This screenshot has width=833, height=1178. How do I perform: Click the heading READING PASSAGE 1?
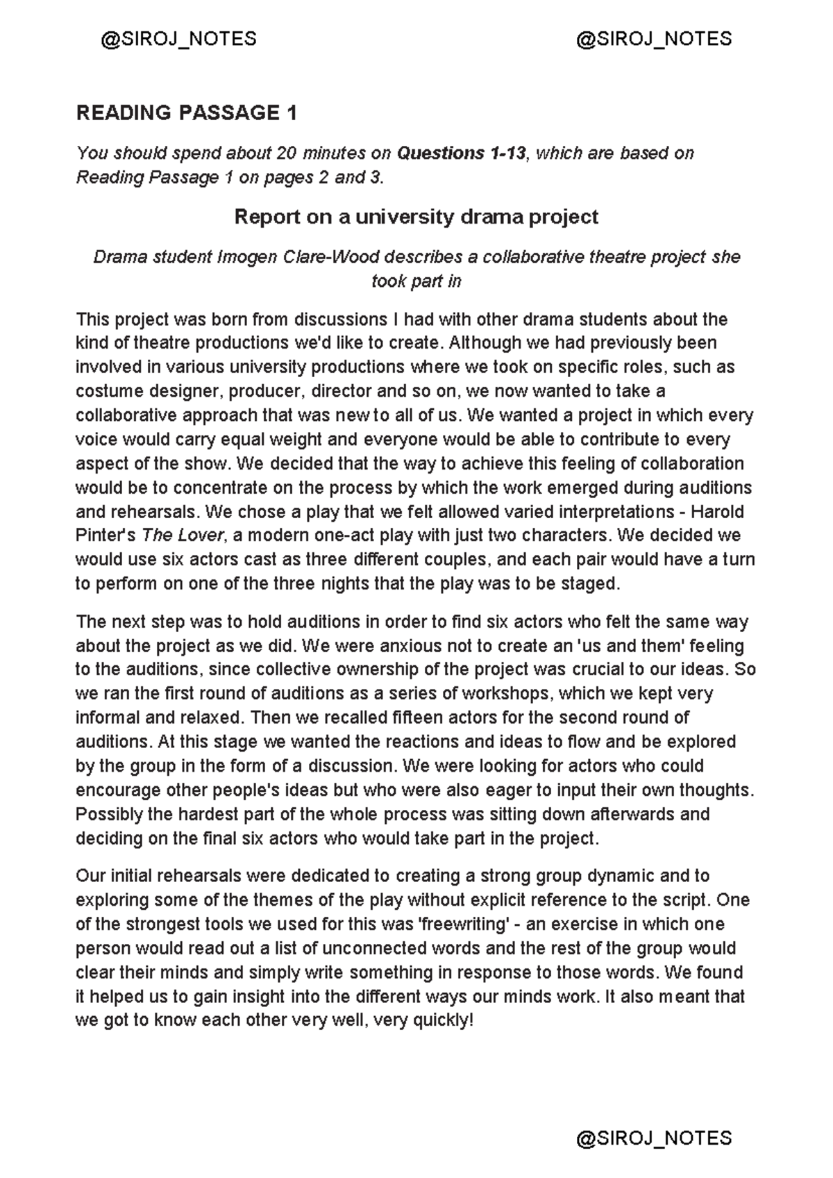pos(186,113)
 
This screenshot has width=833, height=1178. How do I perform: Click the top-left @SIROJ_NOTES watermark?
pos(178,38)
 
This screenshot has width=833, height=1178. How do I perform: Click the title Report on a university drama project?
pos(416,217)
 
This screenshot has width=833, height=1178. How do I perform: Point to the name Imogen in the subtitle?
pos(248,257)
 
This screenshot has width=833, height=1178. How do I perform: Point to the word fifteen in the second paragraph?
pos(422,717)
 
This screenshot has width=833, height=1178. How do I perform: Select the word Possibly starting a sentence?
pos(106,814)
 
